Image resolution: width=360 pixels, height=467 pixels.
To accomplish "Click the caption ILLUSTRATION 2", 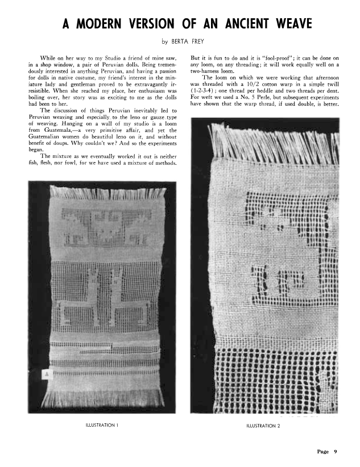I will click(263, 425).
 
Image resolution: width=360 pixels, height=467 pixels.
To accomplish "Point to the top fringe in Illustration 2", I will click(273, 142).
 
